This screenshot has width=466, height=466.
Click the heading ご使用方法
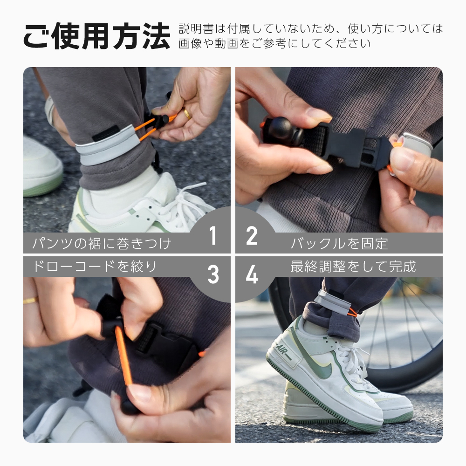pyautogui.click(x=96, y=36)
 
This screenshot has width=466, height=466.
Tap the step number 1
pyautogui.click(x=213, y=236)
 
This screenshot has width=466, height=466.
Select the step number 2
pyautogui.click(x=252, y=236)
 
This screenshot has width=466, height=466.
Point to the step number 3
pyautogui.click(x=213, y=275)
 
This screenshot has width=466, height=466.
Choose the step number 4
pyautogui.click(x=252, y=275)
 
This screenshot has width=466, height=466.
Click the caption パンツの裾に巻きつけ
pyautogui.click(x=102, y=243)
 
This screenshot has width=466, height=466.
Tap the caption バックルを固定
pyautogui.click(x=339, y=243)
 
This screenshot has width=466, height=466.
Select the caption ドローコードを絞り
pyautogui.click(x=95, y=267)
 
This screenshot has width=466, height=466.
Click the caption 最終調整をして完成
pyautogui.click(x=353, y=267)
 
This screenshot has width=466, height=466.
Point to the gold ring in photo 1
pyautogui.click(x=186, y=113)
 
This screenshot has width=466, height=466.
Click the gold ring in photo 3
pyautogui.click(x=31, y=301)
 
